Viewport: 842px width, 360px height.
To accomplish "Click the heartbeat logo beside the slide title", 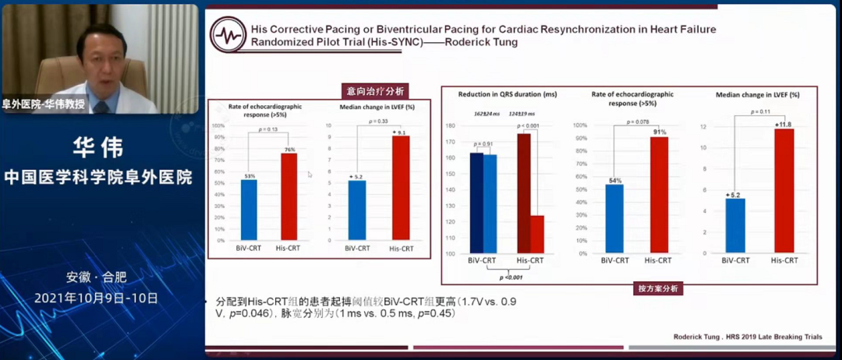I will pyautogui.click(x=229, y=35).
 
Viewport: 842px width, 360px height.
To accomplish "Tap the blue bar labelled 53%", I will pyautogui.click(x=249, y=210).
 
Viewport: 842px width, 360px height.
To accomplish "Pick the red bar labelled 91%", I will pyautogui.click(x=658, y=196).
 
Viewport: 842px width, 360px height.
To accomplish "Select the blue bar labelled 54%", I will pyautogui.click(x=614, y=219).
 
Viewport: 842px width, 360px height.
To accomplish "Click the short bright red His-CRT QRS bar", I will pyautogui.click(x=537, y=235).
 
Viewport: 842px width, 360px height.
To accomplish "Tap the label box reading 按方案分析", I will pyautogui.click(x=659, y=288).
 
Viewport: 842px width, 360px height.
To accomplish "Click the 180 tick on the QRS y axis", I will pyautogui.click(x=451, y=125).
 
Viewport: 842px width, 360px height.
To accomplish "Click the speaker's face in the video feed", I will pyautogui.click(x=103, y=55).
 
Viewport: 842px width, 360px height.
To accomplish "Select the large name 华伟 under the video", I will pyautogui.click(x=98, y=147).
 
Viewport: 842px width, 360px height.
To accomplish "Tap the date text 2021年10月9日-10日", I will pyautogui.click(x=96, y=298).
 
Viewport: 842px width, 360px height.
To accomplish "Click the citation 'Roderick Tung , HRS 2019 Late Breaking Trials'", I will pyautogui.click(x=747, y=337).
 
